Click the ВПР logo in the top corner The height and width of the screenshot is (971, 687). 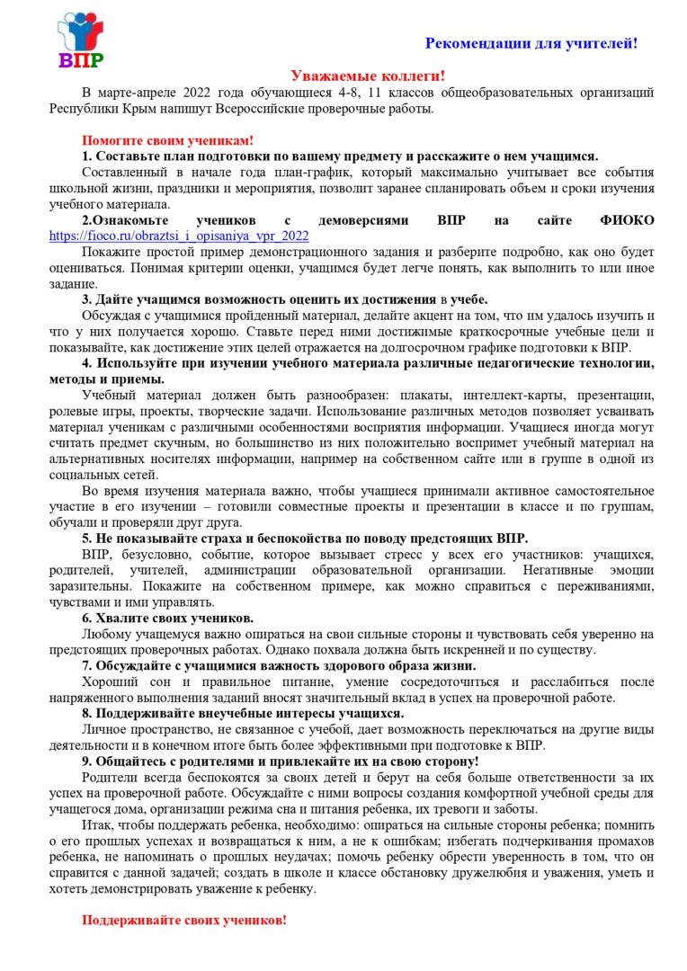click(79, 41)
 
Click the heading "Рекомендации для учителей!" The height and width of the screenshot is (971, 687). click(531, 42)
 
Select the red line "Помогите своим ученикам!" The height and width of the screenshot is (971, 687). click(167, 140)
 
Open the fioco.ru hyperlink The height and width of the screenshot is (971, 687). click(178, 236)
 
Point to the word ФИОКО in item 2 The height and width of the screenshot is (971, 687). click(626, 220)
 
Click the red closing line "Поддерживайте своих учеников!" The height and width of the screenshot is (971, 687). click(184, 921)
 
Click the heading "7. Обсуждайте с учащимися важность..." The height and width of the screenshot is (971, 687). click(279, 665)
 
